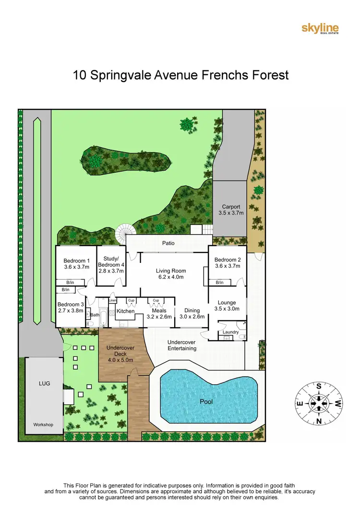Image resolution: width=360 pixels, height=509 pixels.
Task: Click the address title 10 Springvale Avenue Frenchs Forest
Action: (x=180, y=75)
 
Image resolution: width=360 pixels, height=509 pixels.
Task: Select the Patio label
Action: (x=168, y=243)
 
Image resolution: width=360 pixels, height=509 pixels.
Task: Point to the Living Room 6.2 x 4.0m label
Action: (x=170, y=274)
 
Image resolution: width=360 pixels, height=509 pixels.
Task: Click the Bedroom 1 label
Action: (x=77, y=264)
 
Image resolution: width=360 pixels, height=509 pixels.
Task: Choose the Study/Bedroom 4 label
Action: (x=111, y=264)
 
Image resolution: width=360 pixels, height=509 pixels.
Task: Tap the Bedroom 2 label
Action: (x=227, y=263)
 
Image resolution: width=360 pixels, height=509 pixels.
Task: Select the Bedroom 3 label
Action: (x=71, y=308)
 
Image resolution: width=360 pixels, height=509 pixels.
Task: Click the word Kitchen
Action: (x=126, y=311)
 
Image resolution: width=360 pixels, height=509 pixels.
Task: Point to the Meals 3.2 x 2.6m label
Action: (x=158, y=314)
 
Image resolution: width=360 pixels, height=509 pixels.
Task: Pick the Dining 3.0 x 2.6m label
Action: (x=192, y=314)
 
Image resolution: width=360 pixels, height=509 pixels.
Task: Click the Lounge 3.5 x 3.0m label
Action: (x=227, y=306)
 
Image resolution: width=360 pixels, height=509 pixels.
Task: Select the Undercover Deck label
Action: (x=120, y=354)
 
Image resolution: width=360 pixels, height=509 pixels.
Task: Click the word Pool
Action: (x=206, y=402)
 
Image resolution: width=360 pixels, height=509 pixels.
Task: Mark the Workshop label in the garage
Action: (x=43, y=425)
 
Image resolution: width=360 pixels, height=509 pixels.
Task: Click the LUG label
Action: (x=44, y=384)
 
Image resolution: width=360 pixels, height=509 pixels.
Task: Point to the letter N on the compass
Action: (x=318, y=421)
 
